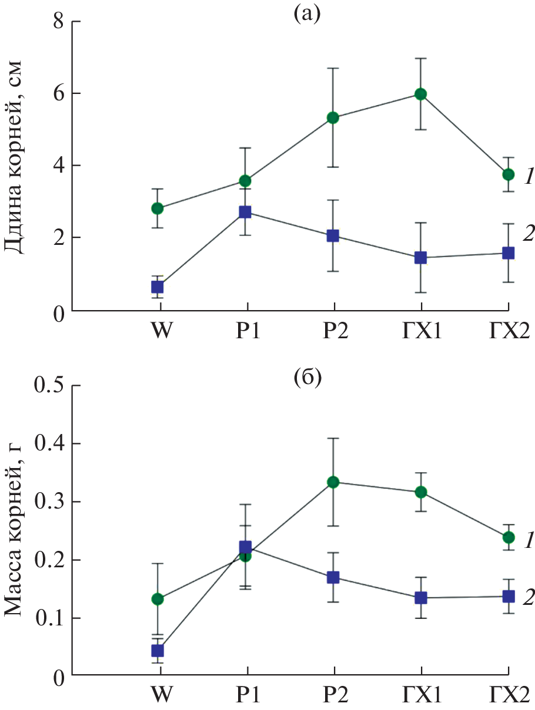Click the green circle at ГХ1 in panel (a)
pos(421,94)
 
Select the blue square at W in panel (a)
pos(158,287)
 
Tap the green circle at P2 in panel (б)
pos(334,482)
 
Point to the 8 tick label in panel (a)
pos(59,22)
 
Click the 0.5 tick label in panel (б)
pos(50,386)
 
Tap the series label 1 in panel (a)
pos(528,176)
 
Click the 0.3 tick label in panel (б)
pos(50,503)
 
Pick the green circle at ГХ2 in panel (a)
pos(509,174)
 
